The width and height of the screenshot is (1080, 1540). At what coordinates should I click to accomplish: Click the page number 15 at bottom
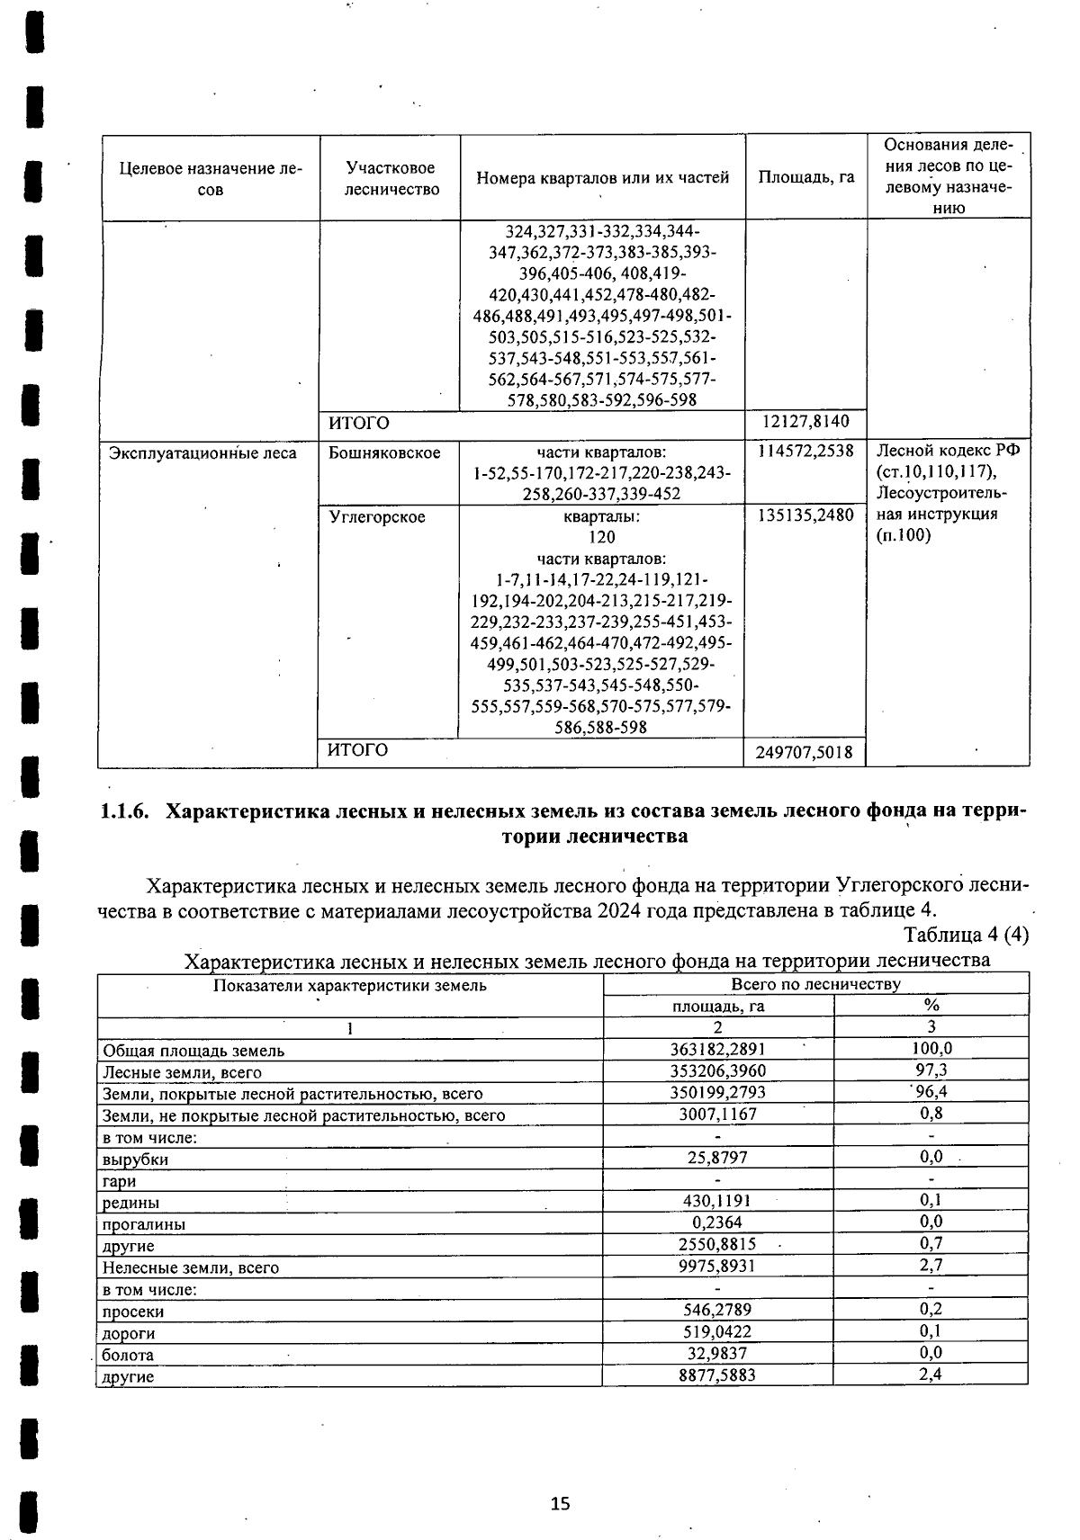560,1503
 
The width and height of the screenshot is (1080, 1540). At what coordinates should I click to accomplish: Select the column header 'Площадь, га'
805,177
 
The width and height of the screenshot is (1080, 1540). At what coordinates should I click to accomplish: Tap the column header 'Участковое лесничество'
391,178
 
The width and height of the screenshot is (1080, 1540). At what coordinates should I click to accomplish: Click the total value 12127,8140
805,422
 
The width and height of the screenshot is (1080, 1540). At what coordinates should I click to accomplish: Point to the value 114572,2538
805,451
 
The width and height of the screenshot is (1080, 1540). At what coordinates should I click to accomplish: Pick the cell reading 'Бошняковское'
385,452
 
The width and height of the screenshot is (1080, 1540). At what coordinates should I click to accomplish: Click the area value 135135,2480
805,516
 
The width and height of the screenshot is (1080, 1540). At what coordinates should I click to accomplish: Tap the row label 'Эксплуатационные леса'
202,452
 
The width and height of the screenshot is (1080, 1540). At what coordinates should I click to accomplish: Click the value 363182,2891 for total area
717,1049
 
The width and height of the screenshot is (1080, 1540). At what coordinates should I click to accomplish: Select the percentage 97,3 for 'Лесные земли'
931,1070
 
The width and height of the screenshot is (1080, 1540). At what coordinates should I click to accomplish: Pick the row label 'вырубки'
135,1159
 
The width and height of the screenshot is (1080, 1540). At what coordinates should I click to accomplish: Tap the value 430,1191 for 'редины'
717,1201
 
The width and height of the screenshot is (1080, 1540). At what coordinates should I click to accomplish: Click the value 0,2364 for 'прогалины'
717,1222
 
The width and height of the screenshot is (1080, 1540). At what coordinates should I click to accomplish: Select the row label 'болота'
128,1355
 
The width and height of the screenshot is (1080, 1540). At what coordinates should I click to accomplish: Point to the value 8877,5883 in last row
717,1375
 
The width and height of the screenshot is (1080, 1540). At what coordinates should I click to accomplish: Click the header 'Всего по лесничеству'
815,984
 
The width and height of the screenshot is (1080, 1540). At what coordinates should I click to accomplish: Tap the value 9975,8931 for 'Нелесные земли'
717,1267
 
